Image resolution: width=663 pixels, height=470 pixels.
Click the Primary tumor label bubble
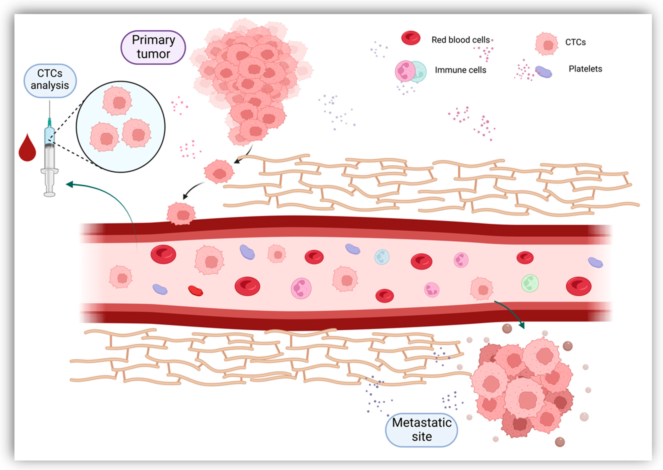click(x=153, y=47)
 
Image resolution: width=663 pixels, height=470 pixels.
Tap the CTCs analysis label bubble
click(x=50, y=80)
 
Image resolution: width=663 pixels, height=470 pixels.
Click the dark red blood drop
click(x=27, y=148)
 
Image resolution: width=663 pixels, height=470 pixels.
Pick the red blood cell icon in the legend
click(x=411, y=38)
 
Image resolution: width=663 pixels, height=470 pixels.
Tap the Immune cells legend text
click(x=460, y=70)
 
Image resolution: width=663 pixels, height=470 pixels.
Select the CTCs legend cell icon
click(x=546, y=44)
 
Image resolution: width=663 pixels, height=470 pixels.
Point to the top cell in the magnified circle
click(x=117, y=101)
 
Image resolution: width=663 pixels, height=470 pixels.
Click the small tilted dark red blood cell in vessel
click(x=195, y=291)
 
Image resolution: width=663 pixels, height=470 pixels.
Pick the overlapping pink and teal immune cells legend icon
click(x=410, y=71)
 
